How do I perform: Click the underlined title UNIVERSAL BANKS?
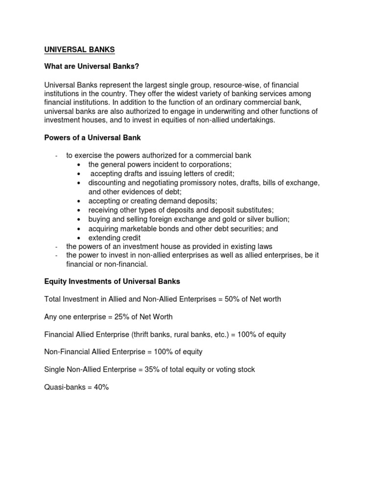click(79, 50)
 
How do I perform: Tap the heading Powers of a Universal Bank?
click(93, 137)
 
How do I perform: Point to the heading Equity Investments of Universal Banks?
click(112, 281)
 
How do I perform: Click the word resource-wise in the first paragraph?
click(232, 85)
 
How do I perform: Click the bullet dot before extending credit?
click(79, 238)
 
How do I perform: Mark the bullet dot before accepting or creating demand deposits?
click(79, 201)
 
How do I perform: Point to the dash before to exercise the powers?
click(57, 156)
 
